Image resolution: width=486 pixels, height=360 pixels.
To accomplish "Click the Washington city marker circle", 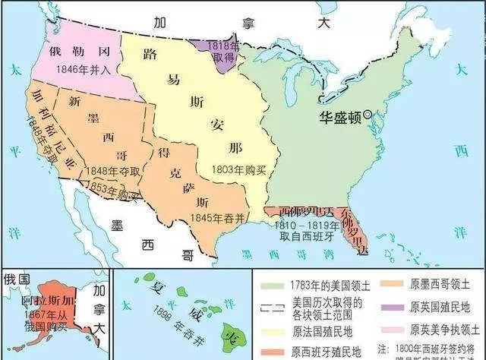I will pos(368,115).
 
